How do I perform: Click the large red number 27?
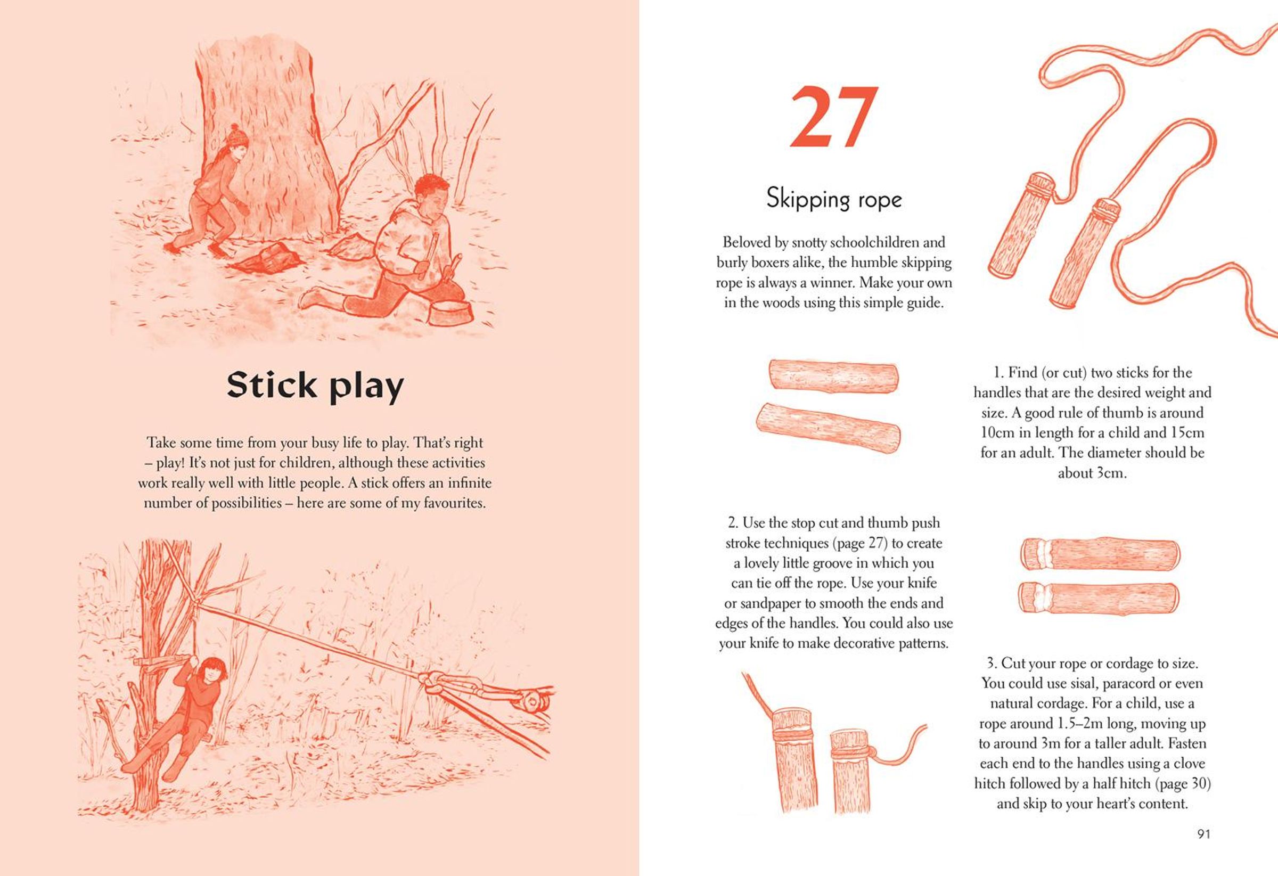tap(833, 117)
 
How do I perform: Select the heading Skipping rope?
tap(834, 199)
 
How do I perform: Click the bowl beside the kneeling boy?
tap(451, 313)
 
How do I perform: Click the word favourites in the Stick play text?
tap(453, 503)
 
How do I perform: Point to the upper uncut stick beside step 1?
tap(834, 376)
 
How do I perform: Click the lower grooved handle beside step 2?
tap(1099, 597)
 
